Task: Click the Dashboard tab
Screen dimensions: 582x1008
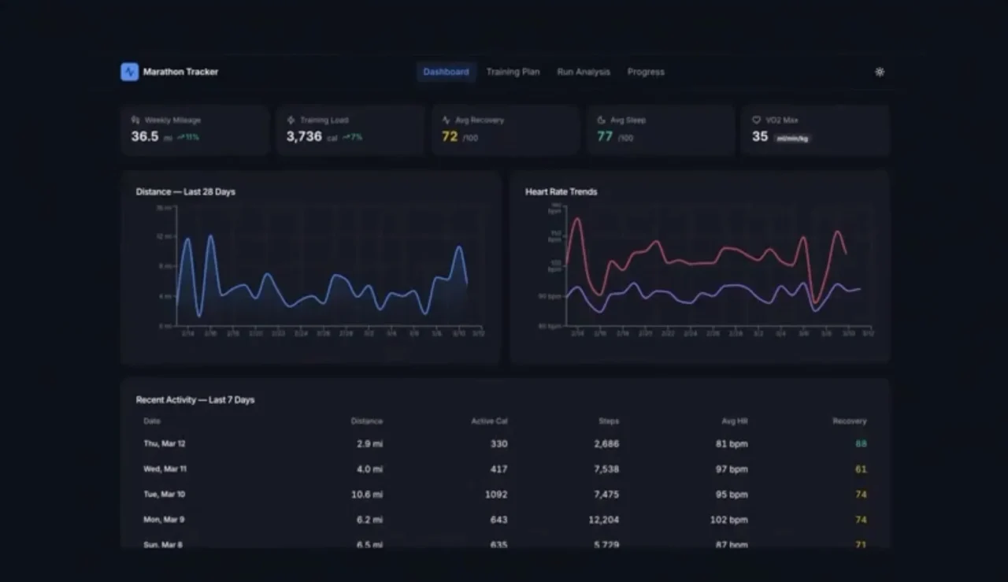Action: click(446, 72)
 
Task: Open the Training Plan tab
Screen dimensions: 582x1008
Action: click(513, 72)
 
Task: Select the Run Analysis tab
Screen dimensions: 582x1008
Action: click(584, 72)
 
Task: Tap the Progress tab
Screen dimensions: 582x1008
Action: click(646, 72)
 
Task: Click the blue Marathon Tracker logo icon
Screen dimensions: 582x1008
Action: click(129, 72)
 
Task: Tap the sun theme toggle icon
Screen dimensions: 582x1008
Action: click(880, 72)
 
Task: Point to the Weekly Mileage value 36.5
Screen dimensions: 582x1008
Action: click(145, 136)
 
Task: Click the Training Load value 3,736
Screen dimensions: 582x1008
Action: click(304, 136)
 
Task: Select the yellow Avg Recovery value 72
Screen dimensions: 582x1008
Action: click(450, 136)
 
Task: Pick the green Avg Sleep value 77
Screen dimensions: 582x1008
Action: click(605, 136)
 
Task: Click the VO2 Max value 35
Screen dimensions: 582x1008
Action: click(760, 136)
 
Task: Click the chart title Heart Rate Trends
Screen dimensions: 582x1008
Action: click(561, 191)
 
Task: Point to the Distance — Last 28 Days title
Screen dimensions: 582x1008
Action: click(185, 191)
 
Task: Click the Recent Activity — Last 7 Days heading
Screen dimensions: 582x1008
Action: click(195, 400)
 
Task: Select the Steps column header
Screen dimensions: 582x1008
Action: click(609, 421)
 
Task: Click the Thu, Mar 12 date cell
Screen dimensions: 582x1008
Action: click(165, 443)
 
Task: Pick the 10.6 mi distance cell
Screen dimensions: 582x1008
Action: click(367, 495)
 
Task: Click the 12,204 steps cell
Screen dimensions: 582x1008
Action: click(604, 520)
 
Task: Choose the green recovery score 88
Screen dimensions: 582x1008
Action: click(861, 443)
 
